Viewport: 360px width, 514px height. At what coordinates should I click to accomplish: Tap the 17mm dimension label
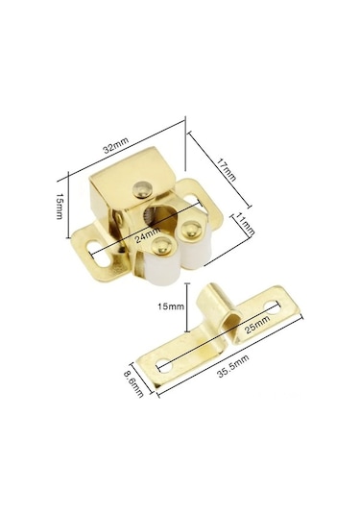[x=227, y=169]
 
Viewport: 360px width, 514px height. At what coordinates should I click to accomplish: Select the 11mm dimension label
[x=245, y=224]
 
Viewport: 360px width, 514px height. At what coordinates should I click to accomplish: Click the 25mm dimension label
[x=257, y=325]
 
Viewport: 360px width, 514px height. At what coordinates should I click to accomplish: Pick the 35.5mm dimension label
[x=233, y=365]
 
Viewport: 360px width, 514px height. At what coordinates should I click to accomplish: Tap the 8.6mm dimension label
[x=133, y=384]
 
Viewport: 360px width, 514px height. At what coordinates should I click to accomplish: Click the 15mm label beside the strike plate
[x=171, y=306]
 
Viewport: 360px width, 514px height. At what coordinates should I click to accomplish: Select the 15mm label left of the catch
[x=59, y=207]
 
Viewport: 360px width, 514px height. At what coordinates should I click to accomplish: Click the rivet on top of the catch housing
[x=142, y=189]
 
